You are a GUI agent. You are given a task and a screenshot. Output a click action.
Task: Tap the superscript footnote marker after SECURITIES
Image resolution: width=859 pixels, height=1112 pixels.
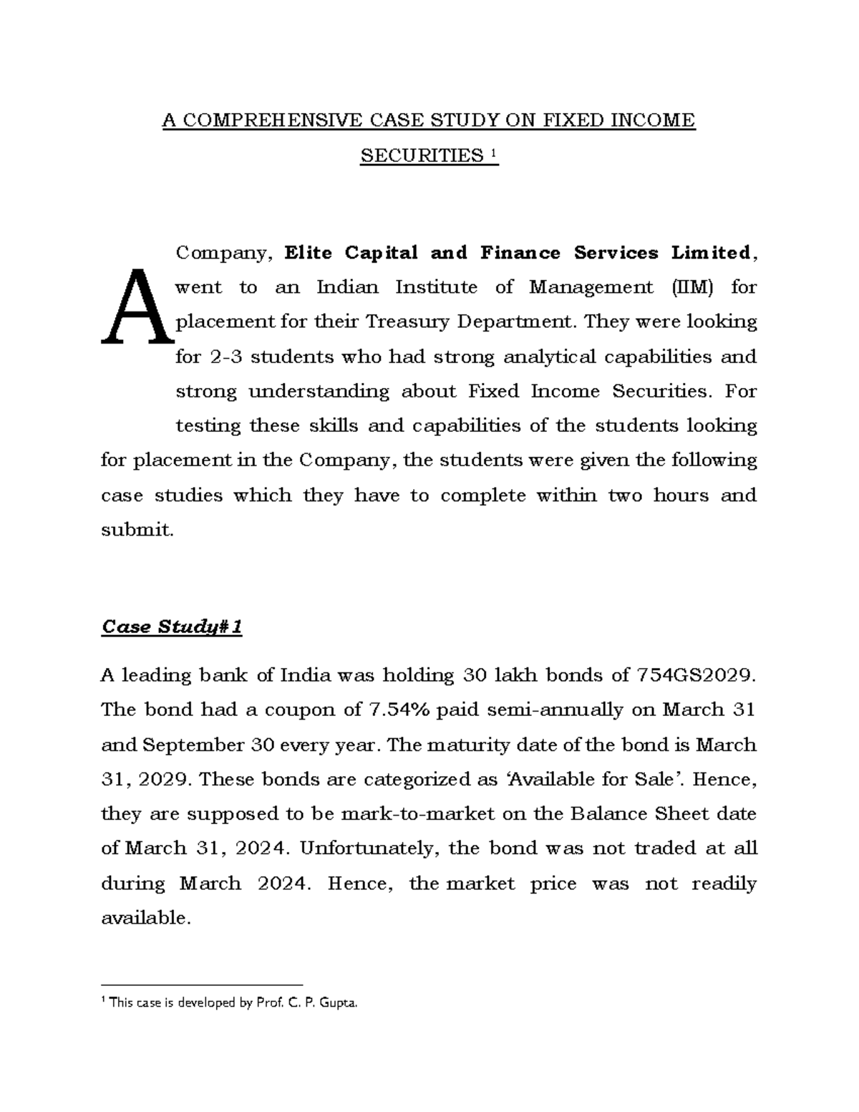492,153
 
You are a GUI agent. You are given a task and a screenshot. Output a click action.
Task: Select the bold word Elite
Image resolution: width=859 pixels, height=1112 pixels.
311,253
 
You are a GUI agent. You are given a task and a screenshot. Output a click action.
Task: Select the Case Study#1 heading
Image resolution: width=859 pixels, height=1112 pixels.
172,627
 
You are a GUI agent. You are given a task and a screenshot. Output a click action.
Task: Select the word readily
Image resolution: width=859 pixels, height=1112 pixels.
724,884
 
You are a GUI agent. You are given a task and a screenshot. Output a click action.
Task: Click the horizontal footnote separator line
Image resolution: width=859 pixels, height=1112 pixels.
202,985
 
